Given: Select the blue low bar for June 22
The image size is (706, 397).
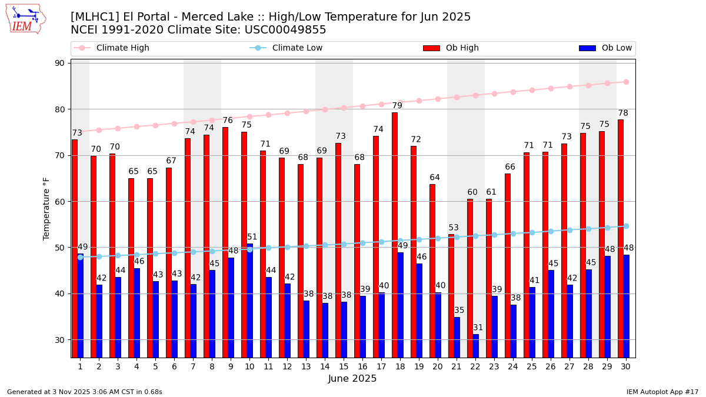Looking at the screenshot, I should [475, 346].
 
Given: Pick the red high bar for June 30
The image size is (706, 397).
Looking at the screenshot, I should [621, 238].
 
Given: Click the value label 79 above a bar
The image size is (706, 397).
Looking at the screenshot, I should [397, 106].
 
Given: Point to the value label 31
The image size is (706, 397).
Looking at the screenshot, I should [478, 328].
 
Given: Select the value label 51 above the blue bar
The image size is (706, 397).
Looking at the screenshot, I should [252, 237].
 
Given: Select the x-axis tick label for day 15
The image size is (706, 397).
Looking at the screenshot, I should [344, 366].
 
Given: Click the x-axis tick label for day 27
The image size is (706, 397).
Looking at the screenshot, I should [570, 366].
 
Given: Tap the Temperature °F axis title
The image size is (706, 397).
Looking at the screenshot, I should [47, 208].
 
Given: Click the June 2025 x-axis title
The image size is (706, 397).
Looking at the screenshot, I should [352, 379].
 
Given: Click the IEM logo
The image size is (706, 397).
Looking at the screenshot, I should [26, 19].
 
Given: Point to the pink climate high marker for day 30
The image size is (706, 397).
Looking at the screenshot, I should [626, 82].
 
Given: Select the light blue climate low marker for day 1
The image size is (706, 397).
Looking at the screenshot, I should [80, 257].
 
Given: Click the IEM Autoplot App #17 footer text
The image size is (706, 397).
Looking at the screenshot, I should [662, 392].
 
